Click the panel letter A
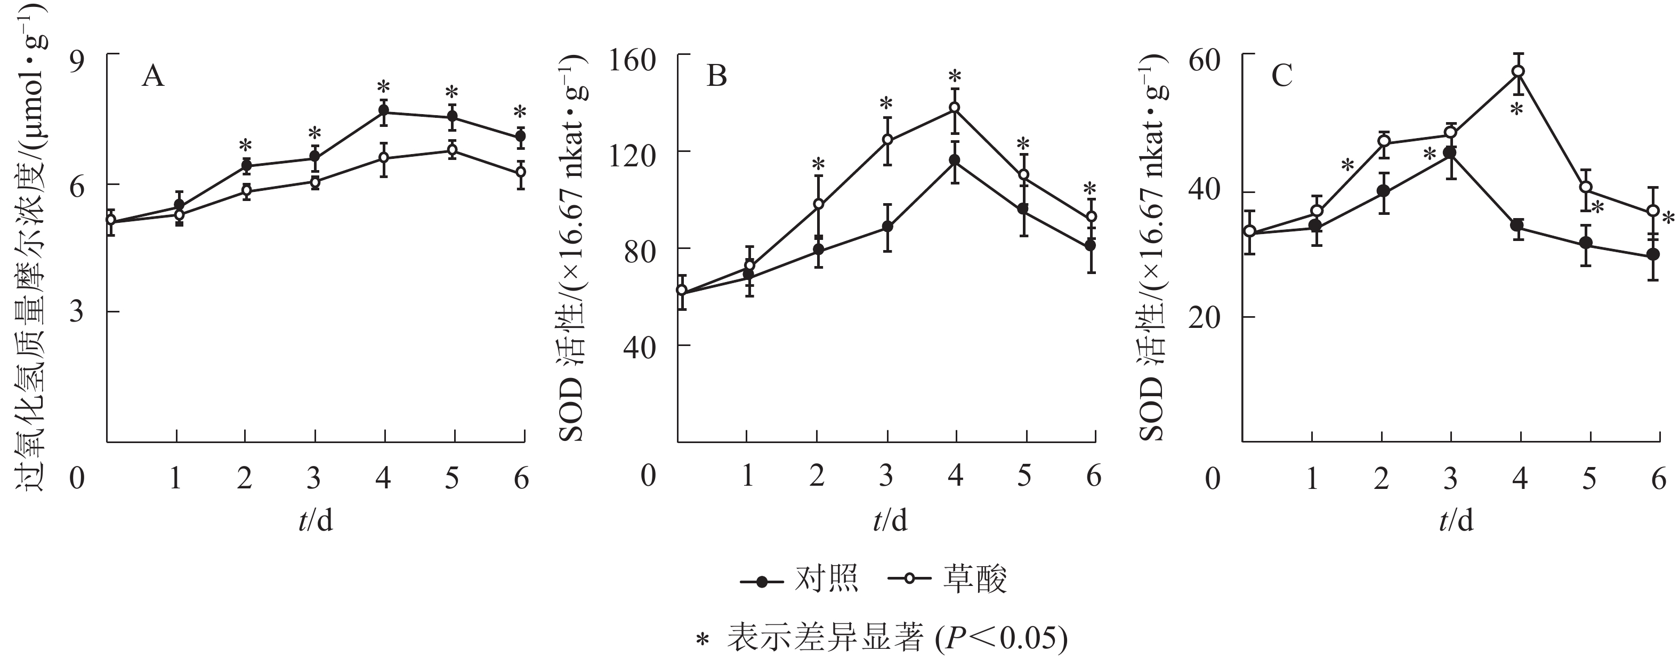(153, 77)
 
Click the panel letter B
(717, 77)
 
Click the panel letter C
(1281, 77)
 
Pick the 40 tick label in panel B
(640, 346)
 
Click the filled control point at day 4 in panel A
(384, 111)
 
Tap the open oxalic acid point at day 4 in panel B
(955, 108)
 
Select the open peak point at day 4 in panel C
(1519, 71)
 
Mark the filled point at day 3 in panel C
(1450, 152)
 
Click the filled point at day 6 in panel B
(1091, 246)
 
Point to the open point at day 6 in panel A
(521, 172)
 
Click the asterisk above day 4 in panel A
(383, 87)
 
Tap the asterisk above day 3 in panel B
(886, 103)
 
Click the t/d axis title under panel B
(890, 521)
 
